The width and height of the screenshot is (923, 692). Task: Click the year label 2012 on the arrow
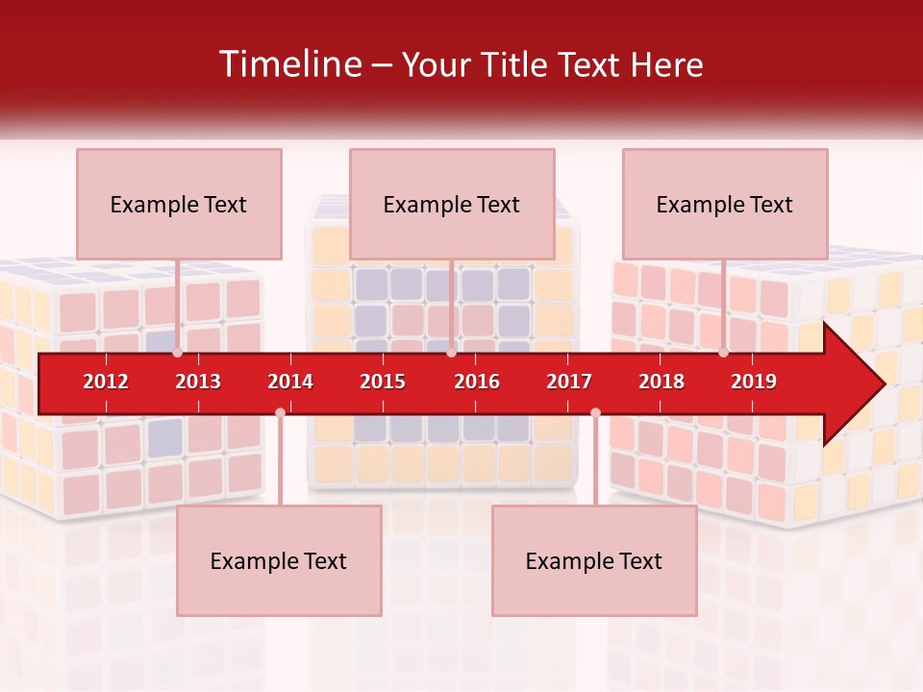point(106,382)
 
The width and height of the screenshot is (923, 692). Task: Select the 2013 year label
point(198,382)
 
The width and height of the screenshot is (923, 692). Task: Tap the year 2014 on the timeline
point(290,382)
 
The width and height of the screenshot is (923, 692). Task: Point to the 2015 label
point(383,382)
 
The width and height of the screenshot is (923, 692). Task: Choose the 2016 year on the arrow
point(477,382)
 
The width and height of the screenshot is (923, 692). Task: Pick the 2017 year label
point(569,382)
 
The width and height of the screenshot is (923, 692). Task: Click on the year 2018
point(661,382)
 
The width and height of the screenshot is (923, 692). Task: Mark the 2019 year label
point(754,382)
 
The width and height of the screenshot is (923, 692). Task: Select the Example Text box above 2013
point(179,204)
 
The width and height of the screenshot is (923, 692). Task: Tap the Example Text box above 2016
point(452,204)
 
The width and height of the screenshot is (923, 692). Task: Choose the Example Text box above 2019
point(725,204)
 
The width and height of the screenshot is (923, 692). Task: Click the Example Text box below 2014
point(279,560)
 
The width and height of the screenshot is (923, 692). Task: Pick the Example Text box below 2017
point(594,560)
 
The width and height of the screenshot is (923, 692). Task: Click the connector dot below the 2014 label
point(280,412)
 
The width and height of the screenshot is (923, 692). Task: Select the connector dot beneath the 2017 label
point(595,412)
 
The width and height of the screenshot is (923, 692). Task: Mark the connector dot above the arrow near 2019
point(723,353)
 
